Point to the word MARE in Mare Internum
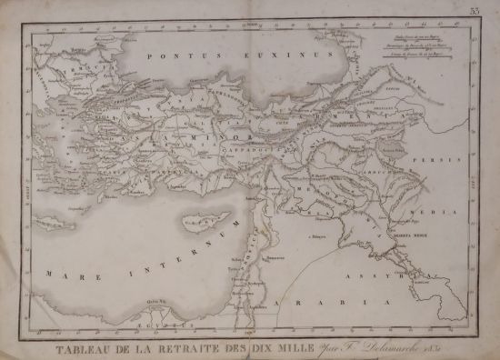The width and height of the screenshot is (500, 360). [x=60, y=271]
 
